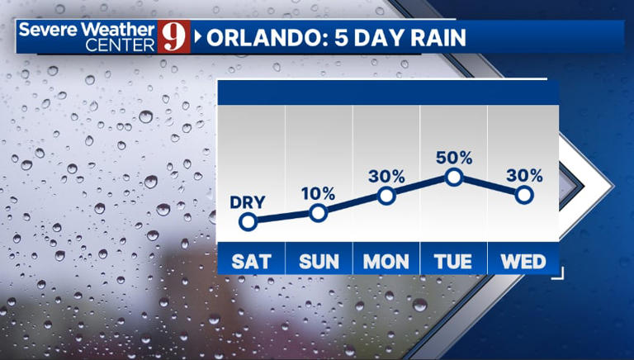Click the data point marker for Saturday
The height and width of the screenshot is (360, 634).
[x=248, y=221]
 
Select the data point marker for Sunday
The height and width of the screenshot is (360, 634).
[x=318, y=213]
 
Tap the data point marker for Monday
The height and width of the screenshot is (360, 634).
[x=386, y=196]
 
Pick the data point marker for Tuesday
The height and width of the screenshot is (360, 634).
[x=453, y=177]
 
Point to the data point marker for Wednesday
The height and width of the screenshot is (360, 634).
[x=524, y=195]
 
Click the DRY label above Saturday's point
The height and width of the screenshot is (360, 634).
[x=248, y=201]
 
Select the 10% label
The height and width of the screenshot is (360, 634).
[x=318, y=194]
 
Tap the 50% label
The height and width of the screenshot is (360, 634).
[x=453, y=157]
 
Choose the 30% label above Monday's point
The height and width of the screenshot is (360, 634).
[x=386, y=176]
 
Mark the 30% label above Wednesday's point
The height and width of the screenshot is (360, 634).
[x=524, y=175]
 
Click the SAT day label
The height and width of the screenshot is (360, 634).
[x=251, y=261]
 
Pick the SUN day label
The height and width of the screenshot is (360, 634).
[x=319, y=261]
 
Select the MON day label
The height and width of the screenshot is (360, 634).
[x=386, y=261]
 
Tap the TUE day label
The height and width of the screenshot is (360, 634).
[x=454, y=261]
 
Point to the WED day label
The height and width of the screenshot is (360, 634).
[x=523, y=261]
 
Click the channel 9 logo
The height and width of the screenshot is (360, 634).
[x=173, y=38]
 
